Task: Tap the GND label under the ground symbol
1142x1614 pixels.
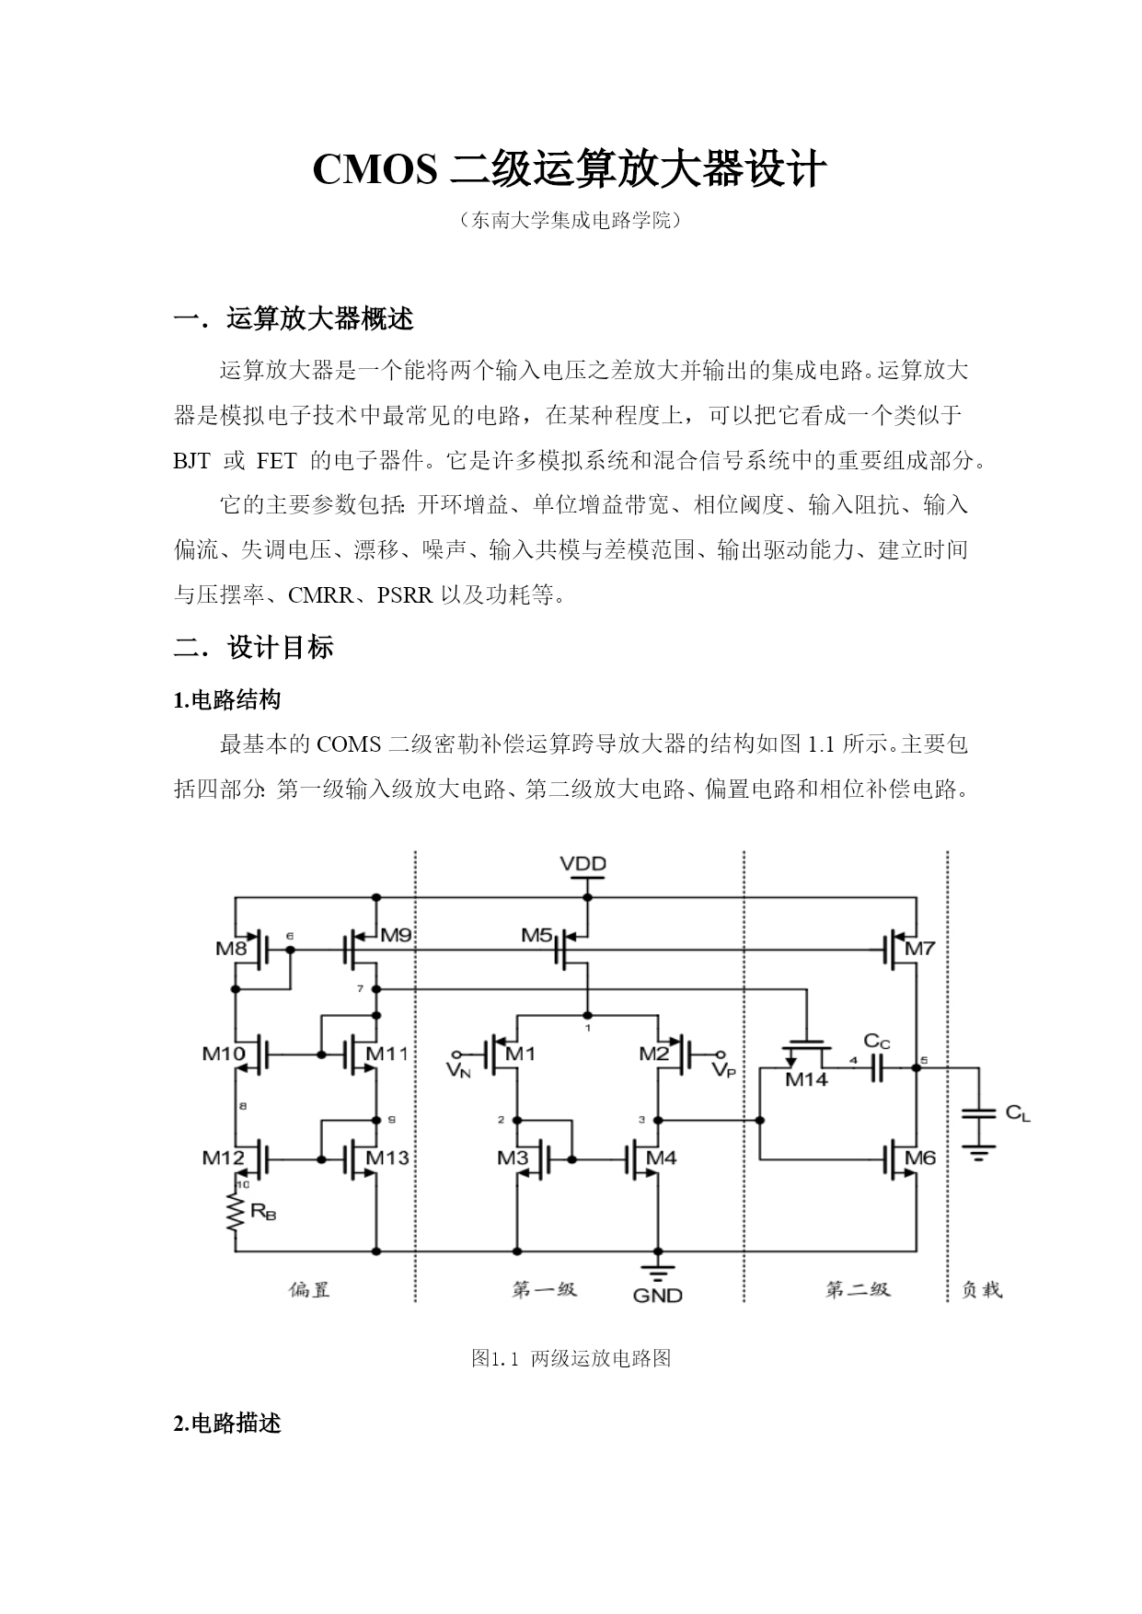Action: pos(657,1295)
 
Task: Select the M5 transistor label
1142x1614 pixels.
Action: pos(536,936)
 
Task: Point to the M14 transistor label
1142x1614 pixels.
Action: pos(806,1079)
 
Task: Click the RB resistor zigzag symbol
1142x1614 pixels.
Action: pos(236,1212)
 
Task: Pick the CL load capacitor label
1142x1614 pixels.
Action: pos(1018,1113)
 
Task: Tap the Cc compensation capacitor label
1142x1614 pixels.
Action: pos(876,1042)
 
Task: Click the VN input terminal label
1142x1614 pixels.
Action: pos(458,1070)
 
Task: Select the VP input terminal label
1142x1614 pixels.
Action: pos(724,1070)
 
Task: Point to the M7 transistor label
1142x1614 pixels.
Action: pos(919,948)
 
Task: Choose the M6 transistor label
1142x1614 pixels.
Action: pos(919,1158)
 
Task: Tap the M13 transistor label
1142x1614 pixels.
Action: pos(387,1158)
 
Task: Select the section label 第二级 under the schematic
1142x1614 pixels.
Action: pos(858,1289)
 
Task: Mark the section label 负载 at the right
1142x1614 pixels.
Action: pos(982,1289)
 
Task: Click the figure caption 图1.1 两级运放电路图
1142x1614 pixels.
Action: pos(571,1358)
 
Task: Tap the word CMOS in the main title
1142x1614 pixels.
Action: pos(375,170)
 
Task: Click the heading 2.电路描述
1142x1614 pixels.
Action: pos(227,1424)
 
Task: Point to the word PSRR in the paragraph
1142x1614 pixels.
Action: pos(405,595)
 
